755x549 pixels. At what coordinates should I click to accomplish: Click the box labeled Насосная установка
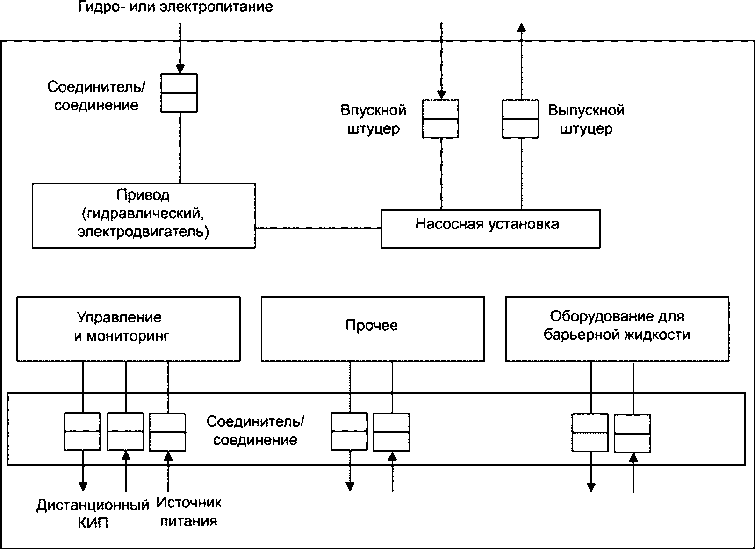(x=490, y=228)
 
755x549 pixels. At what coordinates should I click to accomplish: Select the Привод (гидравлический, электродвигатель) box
(x=144, y=215)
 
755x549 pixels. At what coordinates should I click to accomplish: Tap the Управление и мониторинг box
(x=129, y=329)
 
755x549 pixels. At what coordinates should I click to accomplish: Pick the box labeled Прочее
(x=373, y=329)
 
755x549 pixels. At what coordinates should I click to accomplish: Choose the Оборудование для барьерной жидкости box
(x=617, y=329)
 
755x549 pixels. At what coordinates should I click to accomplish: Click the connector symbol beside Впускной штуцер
(x=440, y=119)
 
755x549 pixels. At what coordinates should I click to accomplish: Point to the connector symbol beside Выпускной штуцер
(x=520, y=119)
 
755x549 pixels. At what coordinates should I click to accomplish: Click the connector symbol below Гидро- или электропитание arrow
(x=179, y=93)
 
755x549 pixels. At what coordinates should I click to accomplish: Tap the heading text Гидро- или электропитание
(x=175, y=7)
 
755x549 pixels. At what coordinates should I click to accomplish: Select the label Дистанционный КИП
(x=93, y=514)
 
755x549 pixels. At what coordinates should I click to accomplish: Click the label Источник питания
(x=189, y=512)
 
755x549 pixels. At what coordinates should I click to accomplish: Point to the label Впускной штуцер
(x=374, y=119)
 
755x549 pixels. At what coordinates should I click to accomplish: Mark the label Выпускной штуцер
(x=587, y=119)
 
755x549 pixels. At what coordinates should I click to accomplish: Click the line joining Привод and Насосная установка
(x=318, y=228)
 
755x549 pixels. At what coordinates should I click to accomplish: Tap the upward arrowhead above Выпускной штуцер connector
(x=521, y=28)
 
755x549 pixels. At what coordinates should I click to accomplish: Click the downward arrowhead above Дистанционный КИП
(x=83, y=486)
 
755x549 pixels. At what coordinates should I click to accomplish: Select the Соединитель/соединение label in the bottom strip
(x=255, y=431)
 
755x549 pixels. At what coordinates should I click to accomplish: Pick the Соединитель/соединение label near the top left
(x=96, y=96)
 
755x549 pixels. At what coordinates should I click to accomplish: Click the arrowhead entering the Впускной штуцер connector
(x=441, y=95)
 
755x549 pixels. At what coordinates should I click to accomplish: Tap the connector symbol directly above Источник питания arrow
(x=167, y=432)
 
